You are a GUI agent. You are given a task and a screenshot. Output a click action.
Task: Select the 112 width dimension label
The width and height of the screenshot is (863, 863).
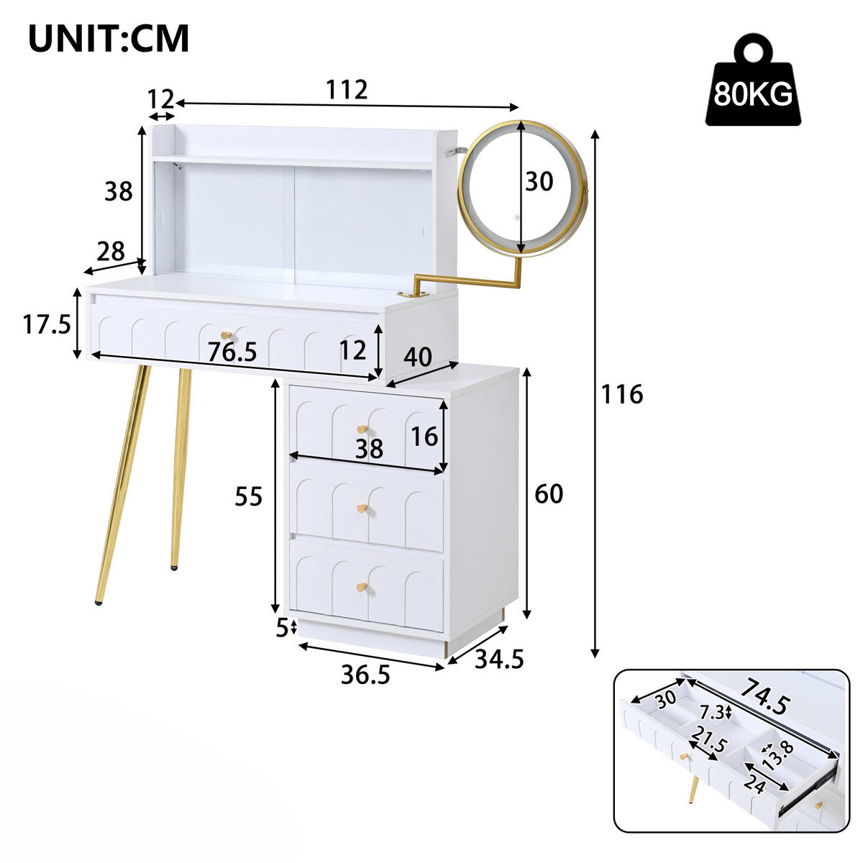pos(347,90)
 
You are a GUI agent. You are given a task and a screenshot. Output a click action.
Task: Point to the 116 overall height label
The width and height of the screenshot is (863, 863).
pos(622,394)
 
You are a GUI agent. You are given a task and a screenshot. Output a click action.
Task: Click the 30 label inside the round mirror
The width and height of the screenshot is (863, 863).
pos(539,182)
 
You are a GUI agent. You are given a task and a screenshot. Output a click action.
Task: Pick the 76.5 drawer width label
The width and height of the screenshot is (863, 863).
pos(232,352)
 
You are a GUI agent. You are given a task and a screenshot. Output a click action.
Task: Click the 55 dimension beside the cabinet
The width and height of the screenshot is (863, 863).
pos(250,496)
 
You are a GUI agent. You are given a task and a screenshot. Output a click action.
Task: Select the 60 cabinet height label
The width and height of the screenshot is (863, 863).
pos(549,494)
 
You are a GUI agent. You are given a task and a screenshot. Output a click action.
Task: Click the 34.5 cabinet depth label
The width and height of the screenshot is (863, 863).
pos(499,658)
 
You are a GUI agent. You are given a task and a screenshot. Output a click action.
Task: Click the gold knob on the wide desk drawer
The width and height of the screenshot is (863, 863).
pos(227,336)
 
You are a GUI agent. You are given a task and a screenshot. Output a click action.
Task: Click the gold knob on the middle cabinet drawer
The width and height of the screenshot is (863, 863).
pos(361,509)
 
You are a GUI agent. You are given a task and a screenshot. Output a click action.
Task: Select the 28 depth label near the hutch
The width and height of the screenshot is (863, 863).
pos(111,251)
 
